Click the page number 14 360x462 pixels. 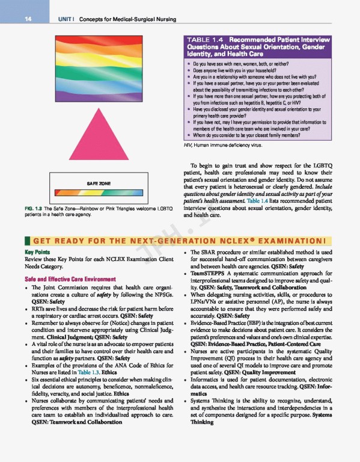tap(28, 19)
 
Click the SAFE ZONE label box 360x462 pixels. tap(96, 182)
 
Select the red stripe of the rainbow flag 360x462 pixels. tap(96, 35)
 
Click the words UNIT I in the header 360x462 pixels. tap(65, 19)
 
